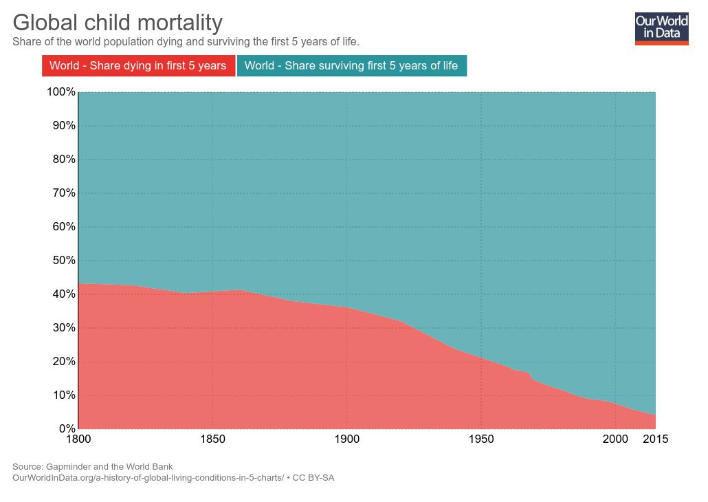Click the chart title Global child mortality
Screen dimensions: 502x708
[118, 23]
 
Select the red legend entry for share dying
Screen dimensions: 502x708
[138, 66]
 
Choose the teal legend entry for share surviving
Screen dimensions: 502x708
[351, 66]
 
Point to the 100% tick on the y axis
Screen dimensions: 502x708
[60, 92]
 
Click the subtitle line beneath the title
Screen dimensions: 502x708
[186, 42]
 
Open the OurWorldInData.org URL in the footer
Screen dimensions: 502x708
[148, 477]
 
